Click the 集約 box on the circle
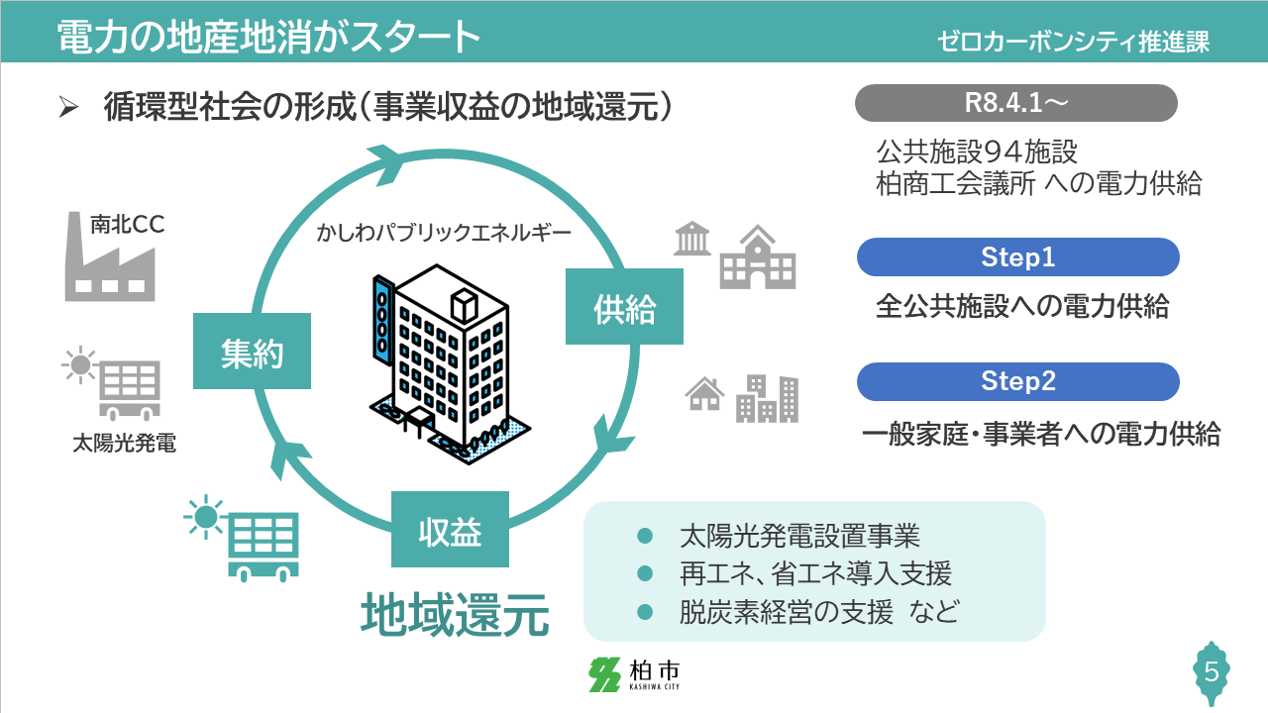click(x=253, y=351)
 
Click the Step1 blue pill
click(x=1017, y=257)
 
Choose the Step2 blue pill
click(x=1017, y=381)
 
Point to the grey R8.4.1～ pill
click(x=1015, y=103)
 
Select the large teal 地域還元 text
click(x=455, y=615)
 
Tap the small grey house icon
click(x=704, y=393)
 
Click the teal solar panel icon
click(x=243, y=536)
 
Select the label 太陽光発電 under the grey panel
click(x=124, y=443)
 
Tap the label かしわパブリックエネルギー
click(x=443, y=234)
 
